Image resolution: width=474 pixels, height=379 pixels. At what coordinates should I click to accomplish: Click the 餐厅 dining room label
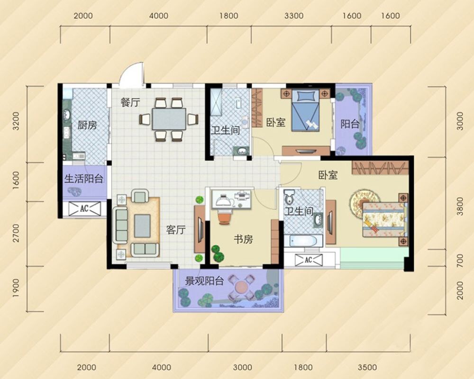point(130,102)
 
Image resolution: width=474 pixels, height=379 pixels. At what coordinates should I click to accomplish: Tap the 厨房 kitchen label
point(87,125)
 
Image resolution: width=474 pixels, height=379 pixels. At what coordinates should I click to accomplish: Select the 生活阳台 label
point(84,179)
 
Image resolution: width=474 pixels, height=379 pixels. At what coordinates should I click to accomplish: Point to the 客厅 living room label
point(176,230)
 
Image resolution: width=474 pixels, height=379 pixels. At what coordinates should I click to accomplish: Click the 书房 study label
point(243,239)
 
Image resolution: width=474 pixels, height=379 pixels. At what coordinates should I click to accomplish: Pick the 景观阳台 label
point(204,281)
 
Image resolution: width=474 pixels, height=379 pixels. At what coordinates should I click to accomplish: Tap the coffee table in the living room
point(142,226)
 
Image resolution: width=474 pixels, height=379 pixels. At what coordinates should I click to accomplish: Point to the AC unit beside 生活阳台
point(84,208)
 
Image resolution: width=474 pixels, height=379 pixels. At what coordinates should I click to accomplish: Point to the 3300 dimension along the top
point(294,16)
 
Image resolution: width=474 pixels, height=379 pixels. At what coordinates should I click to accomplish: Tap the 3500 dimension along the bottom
point(367,367)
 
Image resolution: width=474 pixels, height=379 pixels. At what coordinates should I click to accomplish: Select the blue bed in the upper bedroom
point(305,110)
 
